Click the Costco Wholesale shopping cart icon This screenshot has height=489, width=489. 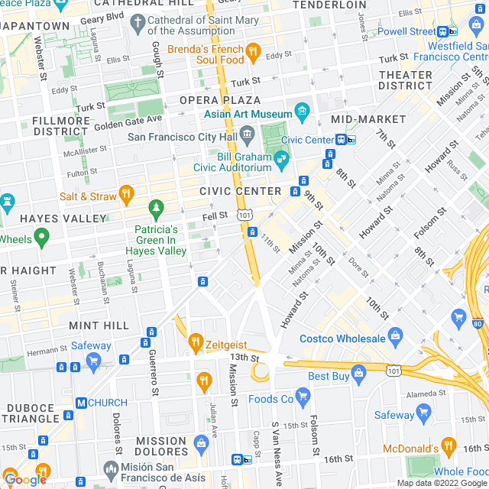395,335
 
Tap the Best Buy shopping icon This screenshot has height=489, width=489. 359,372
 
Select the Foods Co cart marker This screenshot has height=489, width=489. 303,395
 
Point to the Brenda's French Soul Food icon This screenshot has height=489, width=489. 254,52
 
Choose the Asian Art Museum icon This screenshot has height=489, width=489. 302,112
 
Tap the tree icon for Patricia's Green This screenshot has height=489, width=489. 157,207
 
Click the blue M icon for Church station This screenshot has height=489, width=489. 80,403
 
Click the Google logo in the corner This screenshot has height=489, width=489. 24,479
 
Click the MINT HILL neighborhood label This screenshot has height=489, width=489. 99,325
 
